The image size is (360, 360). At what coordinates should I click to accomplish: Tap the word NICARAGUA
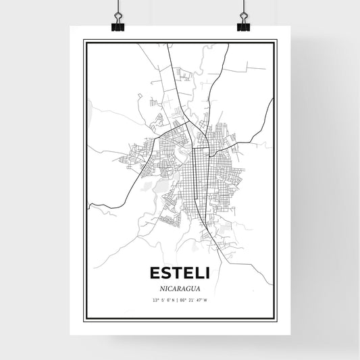click(179, 288)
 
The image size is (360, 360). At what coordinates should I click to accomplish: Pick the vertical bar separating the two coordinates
click(178, 300)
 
